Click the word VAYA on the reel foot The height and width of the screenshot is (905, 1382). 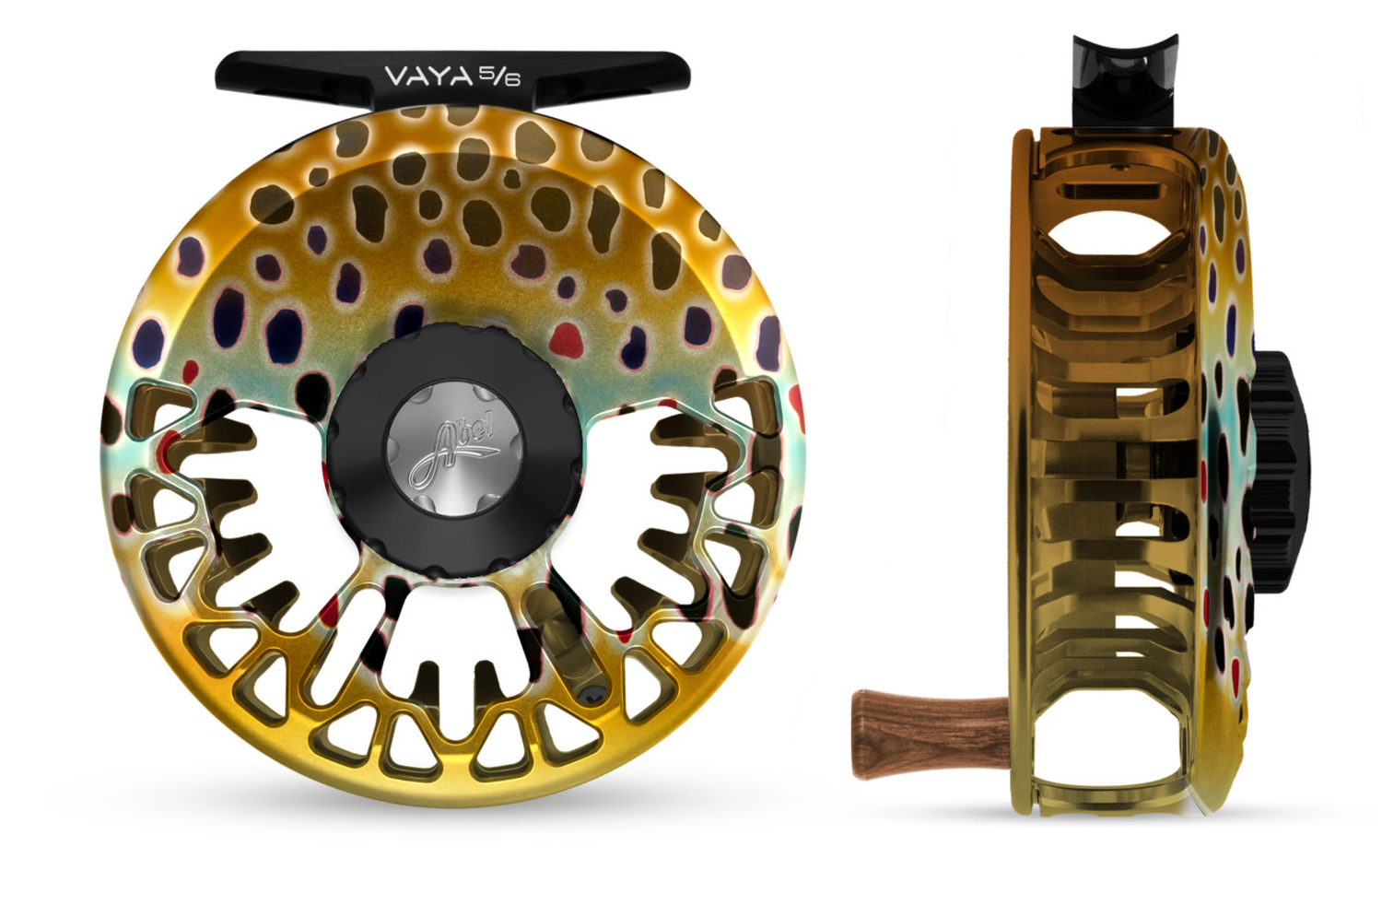tap(428, 76)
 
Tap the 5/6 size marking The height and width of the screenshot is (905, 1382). tap(500, 76)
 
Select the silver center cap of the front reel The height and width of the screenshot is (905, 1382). tap(455, 449)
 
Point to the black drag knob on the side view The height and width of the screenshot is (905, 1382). tap(1279, 472)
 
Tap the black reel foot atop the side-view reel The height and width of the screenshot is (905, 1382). tap(1124, 80)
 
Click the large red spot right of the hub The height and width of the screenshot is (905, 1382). tap(567, 340)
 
